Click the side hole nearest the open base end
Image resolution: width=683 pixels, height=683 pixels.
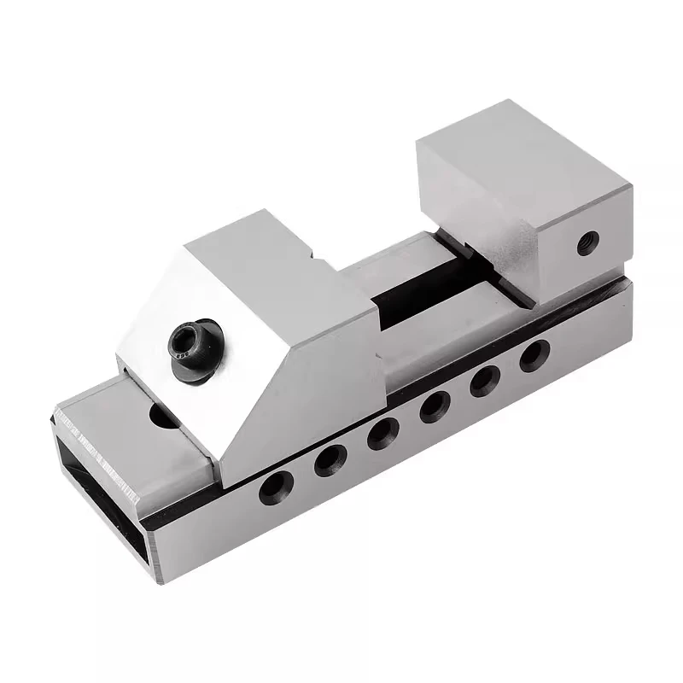pyautogui.click(x=276, y=487)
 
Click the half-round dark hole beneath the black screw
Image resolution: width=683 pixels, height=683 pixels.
pyautogui.click(x=161, y=417)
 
